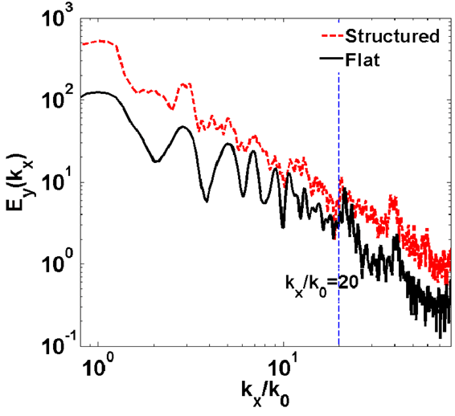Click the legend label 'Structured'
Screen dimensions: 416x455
391,36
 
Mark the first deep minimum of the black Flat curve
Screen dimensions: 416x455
156,161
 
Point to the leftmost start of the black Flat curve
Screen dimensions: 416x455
83,95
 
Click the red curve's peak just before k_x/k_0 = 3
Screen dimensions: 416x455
184,84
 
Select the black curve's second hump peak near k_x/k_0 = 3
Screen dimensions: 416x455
183,127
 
